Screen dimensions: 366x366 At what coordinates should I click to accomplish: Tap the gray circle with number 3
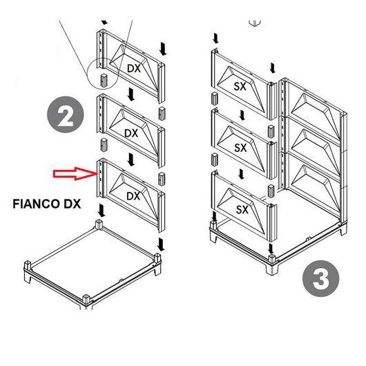pyautogui.click(x=321, y=280)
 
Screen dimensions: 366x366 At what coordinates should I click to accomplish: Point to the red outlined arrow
pyautogui.click(x=76, y=172)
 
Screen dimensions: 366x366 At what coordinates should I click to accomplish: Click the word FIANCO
pyautogui.click(x=39, y=205)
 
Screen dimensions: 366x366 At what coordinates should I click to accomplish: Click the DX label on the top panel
pyautogui.click(x=134, y=68)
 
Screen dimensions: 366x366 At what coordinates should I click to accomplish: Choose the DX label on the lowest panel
pyautogui.click(x=133, y=196)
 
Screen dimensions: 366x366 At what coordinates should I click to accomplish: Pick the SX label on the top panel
pyautogui.click(x=241, y=88)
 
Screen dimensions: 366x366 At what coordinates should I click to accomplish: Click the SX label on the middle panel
pyautogui.click(x=241, y=148)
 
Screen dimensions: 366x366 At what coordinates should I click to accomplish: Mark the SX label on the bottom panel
pyautogui.click(x=241, y=209)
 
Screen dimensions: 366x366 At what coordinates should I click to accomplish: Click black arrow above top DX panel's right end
pyautogui.click(x=163, y=48)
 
